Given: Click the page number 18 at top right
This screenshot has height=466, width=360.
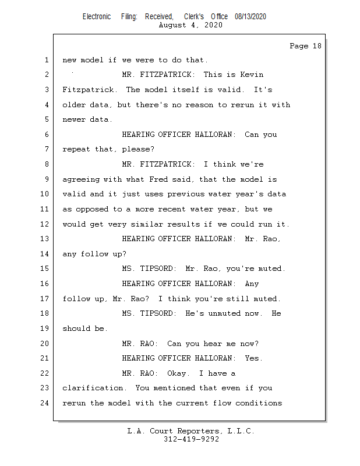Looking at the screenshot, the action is (317, 46).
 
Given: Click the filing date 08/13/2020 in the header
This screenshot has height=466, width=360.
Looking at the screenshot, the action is (250, 17).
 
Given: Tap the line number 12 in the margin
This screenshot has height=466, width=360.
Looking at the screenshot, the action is (44, 224).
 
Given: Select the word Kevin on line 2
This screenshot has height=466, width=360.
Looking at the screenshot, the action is (252, 75).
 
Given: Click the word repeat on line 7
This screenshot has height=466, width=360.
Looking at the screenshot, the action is (76, 149).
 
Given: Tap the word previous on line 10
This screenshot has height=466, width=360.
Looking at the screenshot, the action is (186, 194).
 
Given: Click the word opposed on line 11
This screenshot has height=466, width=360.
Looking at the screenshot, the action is (92, 209).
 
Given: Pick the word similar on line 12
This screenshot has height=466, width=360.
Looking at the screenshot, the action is (147, 224).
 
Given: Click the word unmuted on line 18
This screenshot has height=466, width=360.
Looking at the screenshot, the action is (224, 313).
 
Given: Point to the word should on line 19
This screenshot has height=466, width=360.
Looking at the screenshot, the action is (76, 329).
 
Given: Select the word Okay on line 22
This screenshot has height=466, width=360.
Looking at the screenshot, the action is (178, 373).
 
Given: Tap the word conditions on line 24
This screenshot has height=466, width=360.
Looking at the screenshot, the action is (259, 403).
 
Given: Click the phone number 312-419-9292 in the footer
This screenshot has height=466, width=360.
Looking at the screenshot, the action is (191, 439).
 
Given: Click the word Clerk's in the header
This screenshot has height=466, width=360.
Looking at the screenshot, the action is (194, 17).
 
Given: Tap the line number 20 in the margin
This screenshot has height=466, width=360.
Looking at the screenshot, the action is (44, 343).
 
